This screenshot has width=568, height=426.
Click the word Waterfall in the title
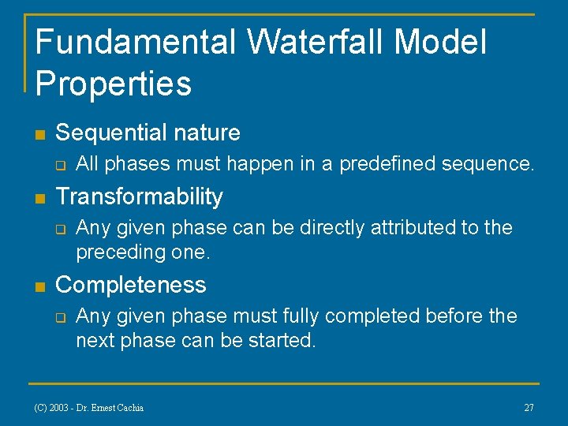pyautogui.click(x=315, y=42)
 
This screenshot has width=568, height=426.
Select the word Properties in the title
pyautogui.click(x=114, y=83)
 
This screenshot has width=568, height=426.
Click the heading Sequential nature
pyautogui.click(x=148, y=133)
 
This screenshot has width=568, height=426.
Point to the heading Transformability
pyautogui.click(x=139, y=196)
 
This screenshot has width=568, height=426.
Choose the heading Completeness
pyautogui.click(x=130, y=284)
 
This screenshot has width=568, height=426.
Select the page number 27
pyautogui.click(x=529, y=408)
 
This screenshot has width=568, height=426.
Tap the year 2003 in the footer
pyautogui.click(x=59, y=408)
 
